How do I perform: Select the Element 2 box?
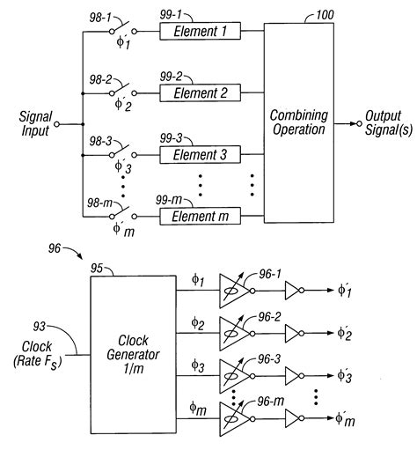click(x=198, y=92)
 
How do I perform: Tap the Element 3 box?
click(x=198, y=154)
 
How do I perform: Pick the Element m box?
click(x=198, y=216)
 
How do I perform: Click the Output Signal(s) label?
click(x=385, y=124)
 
